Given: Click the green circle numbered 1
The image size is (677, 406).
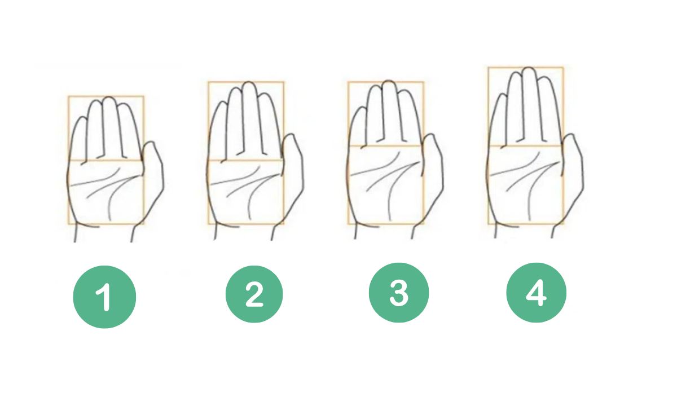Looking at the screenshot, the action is [104, 297].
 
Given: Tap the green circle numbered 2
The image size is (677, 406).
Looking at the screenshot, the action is [254, 294].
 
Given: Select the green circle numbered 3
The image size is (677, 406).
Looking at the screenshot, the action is [399, 293].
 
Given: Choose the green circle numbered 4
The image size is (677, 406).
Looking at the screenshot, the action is [537, 293].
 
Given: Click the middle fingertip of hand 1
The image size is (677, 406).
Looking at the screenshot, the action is [109, 98].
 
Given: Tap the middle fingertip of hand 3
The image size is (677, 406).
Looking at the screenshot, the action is [388, 82].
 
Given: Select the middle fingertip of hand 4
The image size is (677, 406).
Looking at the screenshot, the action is [528, 68].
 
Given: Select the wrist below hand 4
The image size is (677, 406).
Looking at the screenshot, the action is [524, 231].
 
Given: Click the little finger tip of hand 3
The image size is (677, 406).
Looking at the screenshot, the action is [361, 109].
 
